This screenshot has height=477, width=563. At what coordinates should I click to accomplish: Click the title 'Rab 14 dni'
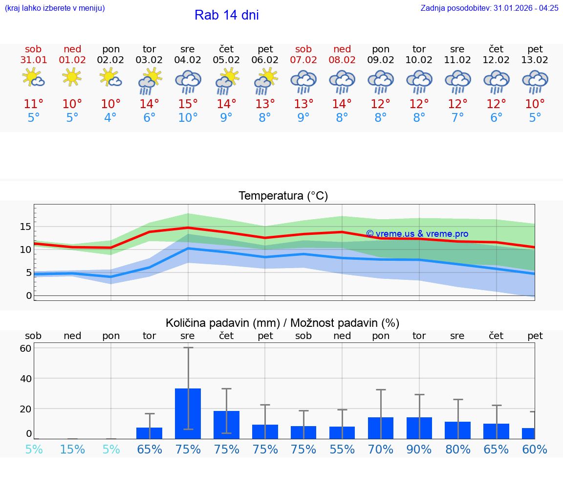click(x=226, y=15)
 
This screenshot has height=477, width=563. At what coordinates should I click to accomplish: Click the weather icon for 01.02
click(x=72, y=77)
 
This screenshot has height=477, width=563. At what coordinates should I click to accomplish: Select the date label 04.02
click(x=188, y=60)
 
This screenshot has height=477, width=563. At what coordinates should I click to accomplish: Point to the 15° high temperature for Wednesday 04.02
click(x=188, y=104)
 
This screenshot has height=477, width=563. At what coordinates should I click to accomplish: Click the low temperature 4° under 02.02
click(x=110, y=118)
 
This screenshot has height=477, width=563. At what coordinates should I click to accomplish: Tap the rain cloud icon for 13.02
click(x=535, y=82)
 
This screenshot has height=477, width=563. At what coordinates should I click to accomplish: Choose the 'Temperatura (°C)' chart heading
click(x=283, y=196)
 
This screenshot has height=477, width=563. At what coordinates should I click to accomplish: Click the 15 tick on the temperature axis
click(x=25, y=227)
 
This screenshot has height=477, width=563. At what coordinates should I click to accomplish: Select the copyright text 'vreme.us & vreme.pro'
click(x=417, y=234)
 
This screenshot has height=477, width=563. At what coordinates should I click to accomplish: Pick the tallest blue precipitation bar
click(x=188, y=413)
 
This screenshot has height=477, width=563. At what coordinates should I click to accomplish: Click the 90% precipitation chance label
click(x=419, y=449)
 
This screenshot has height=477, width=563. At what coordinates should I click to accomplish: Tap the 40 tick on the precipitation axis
click(x=25, y=378)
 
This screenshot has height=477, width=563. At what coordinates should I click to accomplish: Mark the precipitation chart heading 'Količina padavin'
click(x=282, y=323)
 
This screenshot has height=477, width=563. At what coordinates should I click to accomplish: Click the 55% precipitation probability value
click(x=342, y=449)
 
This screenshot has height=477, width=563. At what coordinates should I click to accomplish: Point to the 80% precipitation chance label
click(x=457, y=449)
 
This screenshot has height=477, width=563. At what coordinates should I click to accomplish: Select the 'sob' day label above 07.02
click(x=303, y=49)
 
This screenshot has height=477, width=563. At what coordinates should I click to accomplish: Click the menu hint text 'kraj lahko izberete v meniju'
click(x=55, y=8)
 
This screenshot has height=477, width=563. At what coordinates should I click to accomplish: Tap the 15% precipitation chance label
click(x=72, y=449)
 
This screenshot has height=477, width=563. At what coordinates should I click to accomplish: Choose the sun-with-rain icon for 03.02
click(x=150, y=81)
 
